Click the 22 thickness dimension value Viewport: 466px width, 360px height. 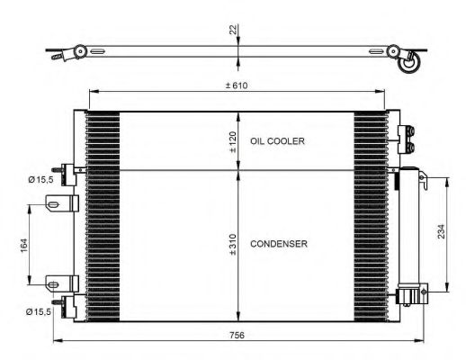(x=234, y=30)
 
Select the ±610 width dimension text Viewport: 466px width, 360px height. (x=237, y=85)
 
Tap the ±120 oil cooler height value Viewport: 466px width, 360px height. (x=233, y=142)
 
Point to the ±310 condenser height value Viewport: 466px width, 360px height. (x=233, y=245)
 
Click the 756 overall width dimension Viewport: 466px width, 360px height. (x=237, y=335)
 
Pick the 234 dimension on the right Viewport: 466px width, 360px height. (x=441, y=231)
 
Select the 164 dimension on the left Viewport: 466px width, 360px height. (x=23, y=245)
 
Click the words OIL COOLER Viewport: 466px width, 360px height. (x=277, y=141)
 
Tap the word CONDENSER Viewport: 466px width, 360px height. (x=279, y=244)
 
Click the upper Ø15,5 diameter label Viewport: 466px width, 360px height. (x=40, y=180)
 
